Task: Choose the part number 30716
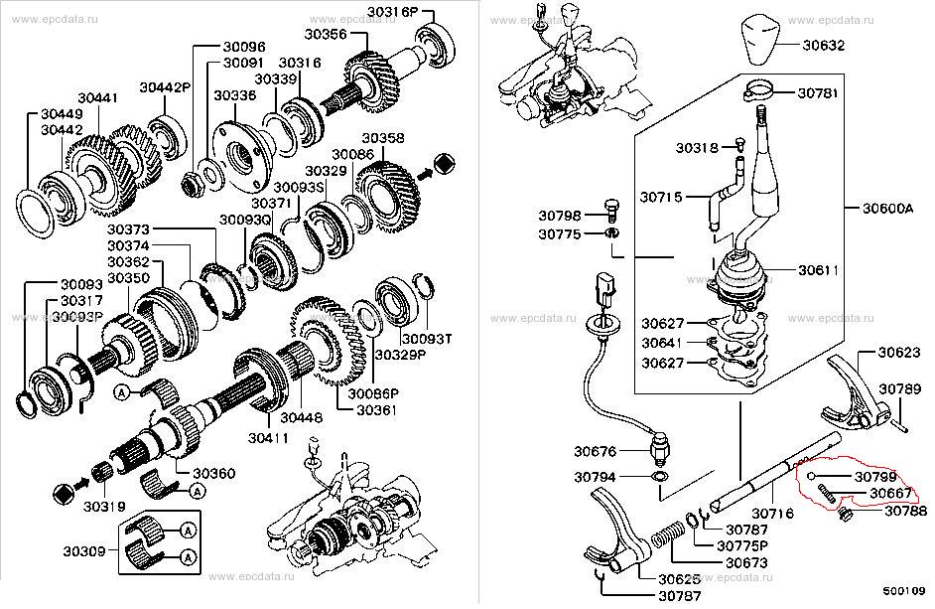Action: pos(774,514)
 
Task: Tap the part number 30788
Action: pos(905,512)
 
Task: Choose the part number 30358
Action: pos(383,138)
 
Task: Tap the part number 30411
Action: pos(269,437)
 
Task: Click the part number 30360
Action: pos(213,474)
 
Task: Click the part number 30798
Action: pos(561,215)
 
